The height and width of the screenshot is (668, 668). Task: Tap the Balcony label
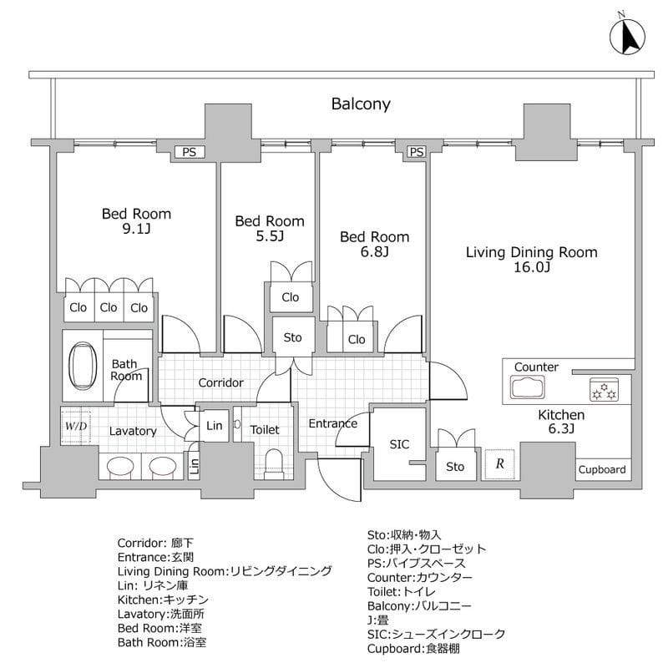[x=361, y=104]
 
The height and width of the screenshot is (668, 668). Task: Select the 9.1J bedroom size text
[x=136, y=230]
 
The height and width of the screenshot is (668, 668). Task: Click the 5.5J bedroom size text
[x=269, y=236]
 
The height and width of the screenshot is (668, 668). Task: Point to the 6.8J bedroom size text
[x=374, y=251]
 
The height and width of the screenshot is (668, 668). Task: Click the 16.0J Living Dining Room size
[x=531, y=267]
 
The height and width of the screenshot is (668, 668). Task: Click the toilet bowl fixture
[x=274, y=461]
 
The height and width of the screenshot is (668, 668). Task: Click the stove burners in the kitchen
[x=603, y=389]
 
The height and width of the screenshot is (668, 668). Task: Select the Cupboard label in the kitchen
[x=601, y=470]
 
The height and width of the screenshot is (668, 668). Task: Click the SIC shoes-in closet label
[x=399, y=443]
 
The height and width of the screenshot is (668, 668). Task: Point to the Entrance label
[x=332, y=423]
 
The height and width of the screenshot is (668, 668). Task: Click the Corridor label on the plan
[x=220, y=383]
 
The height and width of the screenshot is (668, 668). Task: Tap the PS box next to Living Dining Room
[x=416, y=152]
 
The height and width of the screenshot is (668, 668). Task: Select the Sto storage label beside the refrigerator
[x=454, y=467]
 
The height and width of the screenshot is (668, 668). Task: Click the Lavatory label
[x=133, y=431]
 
